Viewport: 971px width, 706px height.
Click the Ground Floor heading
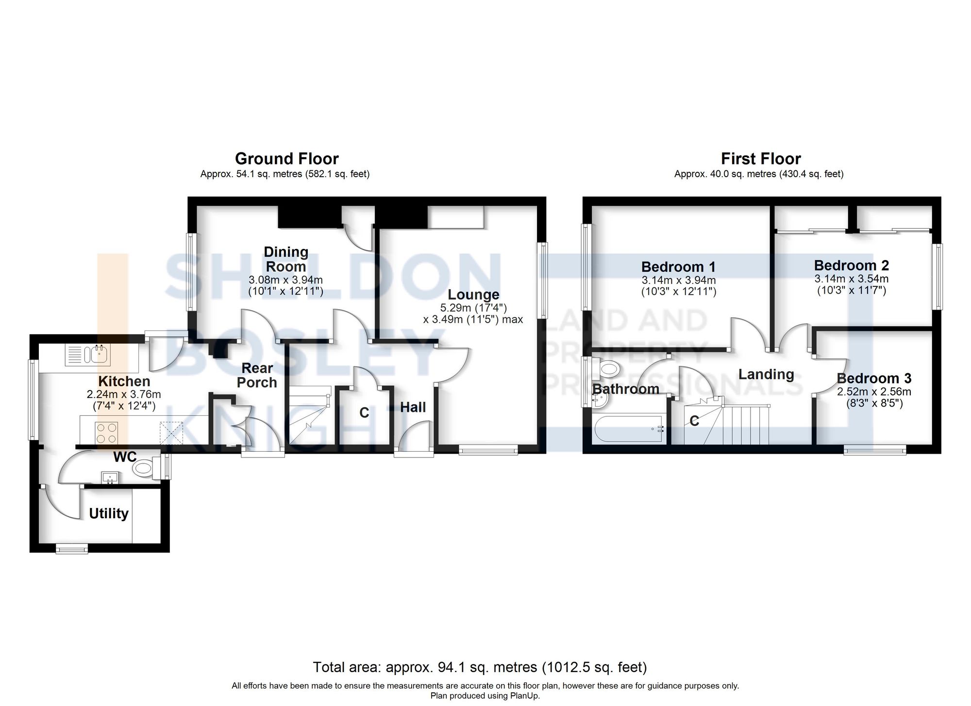(286, 159)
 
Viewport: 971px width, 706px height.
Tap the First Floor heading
(761, 159)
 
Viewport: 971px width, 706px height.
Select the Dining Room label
(285, 259)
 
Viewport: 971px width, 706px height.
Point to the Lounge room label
(473, 295)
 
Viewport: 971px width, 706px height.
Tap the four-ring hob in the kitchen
(107, 433)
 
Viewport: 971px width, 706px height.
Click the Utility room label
(109, 513)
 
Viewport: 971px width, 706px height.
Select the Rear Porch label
(257, 375)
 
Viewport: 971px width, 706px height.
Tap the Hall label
(413, 407)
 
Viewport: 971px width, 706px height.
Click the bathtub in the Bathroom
(629, 428)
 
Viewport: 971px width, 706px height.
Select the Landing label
(766, 374)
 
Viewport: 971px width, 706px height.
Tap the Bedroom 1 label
(678, 267)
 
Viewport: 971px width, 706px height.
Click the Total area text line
(480, 668)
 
